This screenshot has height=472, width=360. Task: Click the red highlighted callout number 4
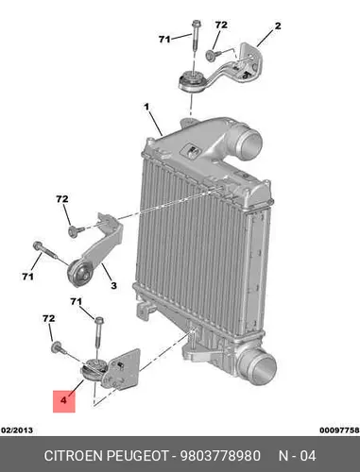tap(64, 401)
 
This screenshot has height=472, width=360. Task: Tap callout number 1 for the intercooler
tap(146, 108)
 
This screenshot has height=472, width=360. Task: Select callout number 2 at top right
tap(278, 25)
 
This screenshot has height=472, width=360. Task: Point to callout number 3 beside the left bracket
tap(113, 286)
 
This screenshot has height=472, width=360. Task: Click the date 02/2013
tap(17, 430)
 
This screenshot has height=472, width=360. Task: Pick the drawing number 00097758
tap(339, 430)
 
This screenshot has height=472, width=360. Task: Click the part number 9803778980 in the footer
tap(220, 456)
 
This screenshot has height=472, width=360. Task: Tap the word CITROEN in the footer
tap(74, 456)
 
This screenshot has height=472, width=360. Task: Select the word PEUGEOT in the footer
tap(138, 456)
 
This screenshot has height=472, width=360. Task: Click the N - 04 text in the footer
tap(297, 456)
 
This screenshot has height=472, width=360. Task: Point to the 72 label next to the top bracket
tap(221, 25)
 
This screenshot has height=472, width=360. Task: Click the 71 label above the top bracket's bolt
tap(164, 40)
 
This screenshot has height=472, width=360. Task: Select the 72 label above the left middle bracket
tap(62, 199)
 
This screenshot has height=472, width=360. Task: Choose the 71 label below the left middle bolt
tap(27, 277)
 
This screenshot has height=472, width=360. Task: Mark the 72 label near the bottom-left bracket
tap(48, 319)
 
